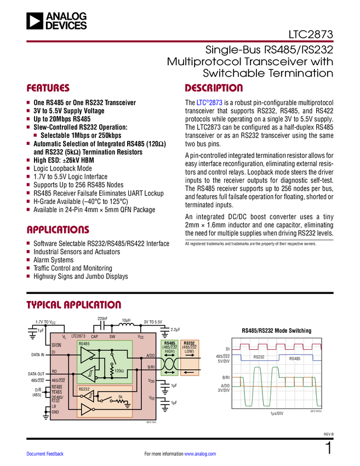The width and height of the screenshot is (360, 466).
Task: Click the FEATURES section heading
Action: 48,88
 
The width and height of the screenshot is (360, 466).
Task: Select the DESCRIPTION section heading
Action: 214,88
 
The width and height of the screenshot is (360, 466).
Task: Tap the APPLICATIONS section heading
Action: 58,230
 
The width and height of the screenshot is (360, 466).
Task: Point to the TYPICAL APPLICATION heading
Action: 73,304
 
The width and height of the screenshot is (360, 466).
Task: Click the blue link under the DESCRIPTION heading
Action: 209,103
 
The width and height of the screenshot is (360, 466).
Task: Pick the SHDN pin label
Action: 56,345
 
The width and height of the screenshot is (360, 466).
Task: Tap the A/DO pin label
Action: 151,356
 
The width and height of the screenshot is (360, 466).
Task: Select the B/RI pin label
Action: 151,367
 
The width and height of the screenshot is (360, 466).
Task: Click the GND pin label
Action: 55,412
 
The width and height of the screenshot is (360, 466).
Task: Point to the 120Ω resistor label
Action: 119,371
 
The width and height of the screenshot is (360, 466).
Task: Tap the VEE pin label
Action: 151,398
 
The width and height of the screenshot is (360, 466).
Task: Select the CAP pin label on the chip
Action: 94,337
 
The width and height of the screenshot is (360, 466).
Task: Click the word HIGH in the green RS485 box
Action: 169,351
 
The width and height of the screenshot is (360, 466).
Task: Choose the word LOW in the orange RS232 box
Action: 189,351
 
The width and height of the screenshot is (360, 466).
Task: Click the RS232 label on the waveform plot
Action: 259,357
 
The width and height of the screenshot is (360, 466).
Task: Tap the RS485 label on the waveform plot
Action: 294,358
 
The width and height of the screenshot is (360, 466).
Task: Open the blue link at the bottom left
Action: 45,453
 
